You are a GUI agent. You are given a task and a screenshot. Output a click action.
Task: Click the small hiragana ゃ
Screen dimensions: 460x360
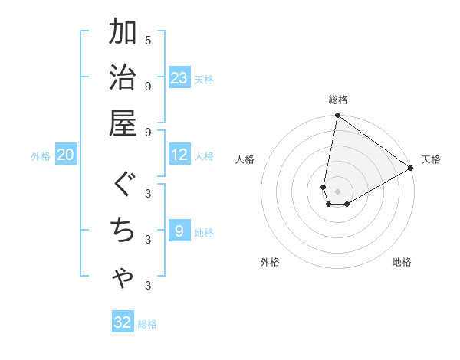[123, 280]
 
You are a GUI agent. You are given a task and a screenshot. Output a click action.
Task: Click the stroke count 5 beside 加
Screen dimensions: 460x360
[148, 40]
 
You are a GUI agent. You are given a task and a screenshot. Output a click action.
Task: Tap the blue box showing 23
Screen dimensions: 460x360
[179, 77]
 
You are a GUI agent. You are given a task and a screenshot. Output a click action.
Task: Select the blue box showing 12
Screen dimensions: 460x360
[179, 155]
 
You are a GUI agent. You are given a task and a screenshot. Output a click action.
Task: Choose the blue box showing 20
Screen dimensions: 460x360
[66, 155]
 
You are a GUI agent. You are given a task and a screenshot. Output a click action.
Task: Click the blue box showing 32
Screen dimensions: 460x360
[123, 322]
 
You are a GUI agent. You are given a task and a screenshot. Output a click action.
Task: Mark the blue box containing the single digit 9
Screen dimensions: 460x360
[179, 231]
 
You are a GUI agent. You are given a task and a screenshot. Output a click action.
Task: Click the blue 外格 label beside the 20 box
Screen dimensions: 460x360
[41, 156]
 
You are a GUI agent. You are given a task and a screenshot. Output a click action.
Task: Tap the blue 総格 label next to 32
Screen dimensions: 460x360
[147, 323]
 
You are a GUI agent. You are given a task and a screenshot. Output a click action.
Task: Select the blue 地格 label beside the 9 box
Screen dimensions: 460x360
[204, 232]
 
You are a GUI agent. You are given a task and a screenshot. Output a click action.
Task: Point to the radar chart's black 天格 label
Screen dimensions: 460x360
[431, 159]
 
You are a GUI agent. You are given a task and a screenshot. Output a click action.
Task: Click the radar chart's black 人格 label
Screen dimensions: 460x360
[245, 159]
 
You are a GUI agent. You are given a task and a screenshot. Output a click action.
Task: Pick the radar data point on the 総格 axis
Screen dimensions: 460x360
[337, 116]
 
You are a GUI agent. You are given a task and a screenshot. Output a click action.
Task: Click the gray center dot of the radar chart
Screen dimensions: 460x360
[337, 191]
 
